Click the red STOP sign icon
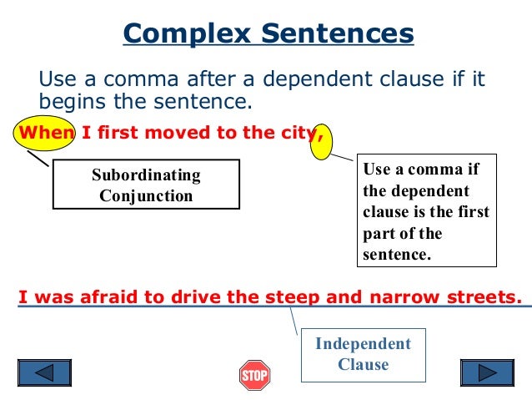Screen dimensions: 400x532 coord(254,375)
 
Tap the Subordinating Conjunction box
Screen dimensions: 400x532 coord(146,185)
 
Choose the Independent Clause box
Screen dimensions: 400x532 coord(363,354)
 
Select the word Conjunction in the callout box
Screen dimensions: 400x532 coord(146,196)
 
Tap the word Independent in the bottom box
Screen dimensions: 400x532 coord(363,344)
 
